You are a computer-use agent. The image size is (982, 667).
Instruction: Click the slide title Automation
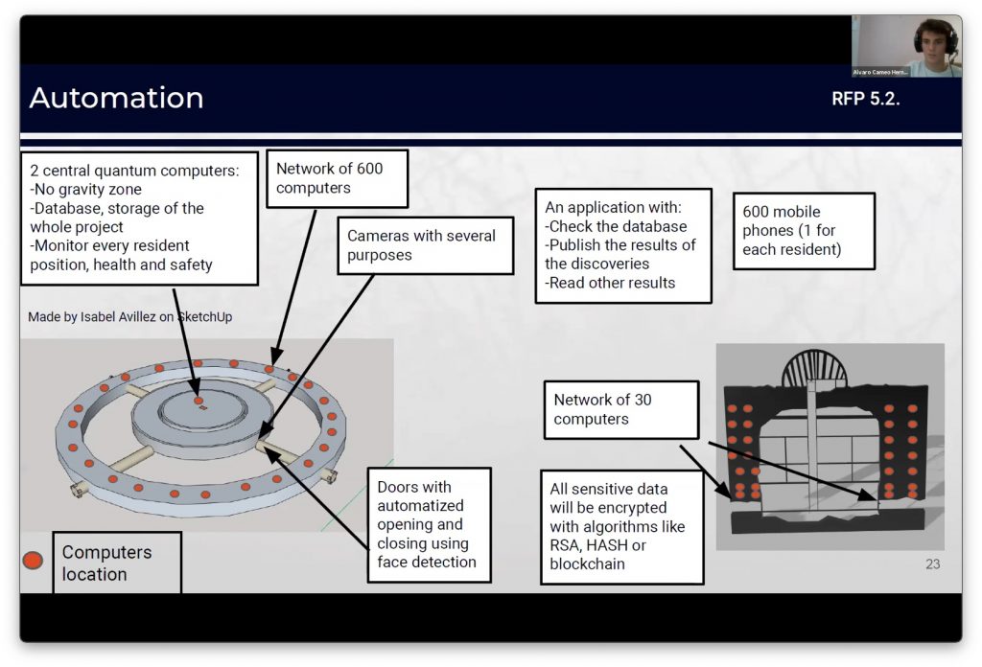pyautogui.click(x=116, y=98)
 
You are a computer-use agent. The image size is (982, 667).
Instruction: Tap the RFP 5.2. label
pyautogui.click(x=865, y=99)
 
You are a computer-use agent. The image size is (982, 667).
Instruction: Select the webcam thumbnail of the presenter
pyautogui.click(x=906, y=46)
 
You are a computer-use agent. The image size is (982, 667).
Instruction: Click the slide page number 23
pyautogui.click(x=932, y=564)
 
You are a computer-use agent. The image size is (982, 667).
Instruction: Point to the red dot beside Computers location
pyautogui.click(x=33, y=560)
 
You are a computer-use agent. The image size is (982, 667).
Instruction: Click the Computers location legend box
pyautogui.click(x=116, y=563)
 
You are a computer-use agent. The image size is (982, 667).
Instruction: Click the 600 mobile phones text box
pyautogui.click(x=804, y=231)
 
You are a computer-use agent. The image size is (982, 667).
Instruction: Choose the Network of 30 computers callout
pyautogui.click(x=620, y=409)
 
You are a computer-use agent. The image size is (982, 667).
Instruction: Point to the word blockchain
pyautogui.click(x=587, y=563)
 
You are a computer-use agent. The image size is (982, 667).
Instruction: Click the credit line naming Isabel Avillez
pyautogui.click(x=129, y=316)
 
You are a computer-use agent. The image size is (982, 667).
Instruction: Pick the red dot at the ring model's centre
pyautogui.click(x=199, y=402)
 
